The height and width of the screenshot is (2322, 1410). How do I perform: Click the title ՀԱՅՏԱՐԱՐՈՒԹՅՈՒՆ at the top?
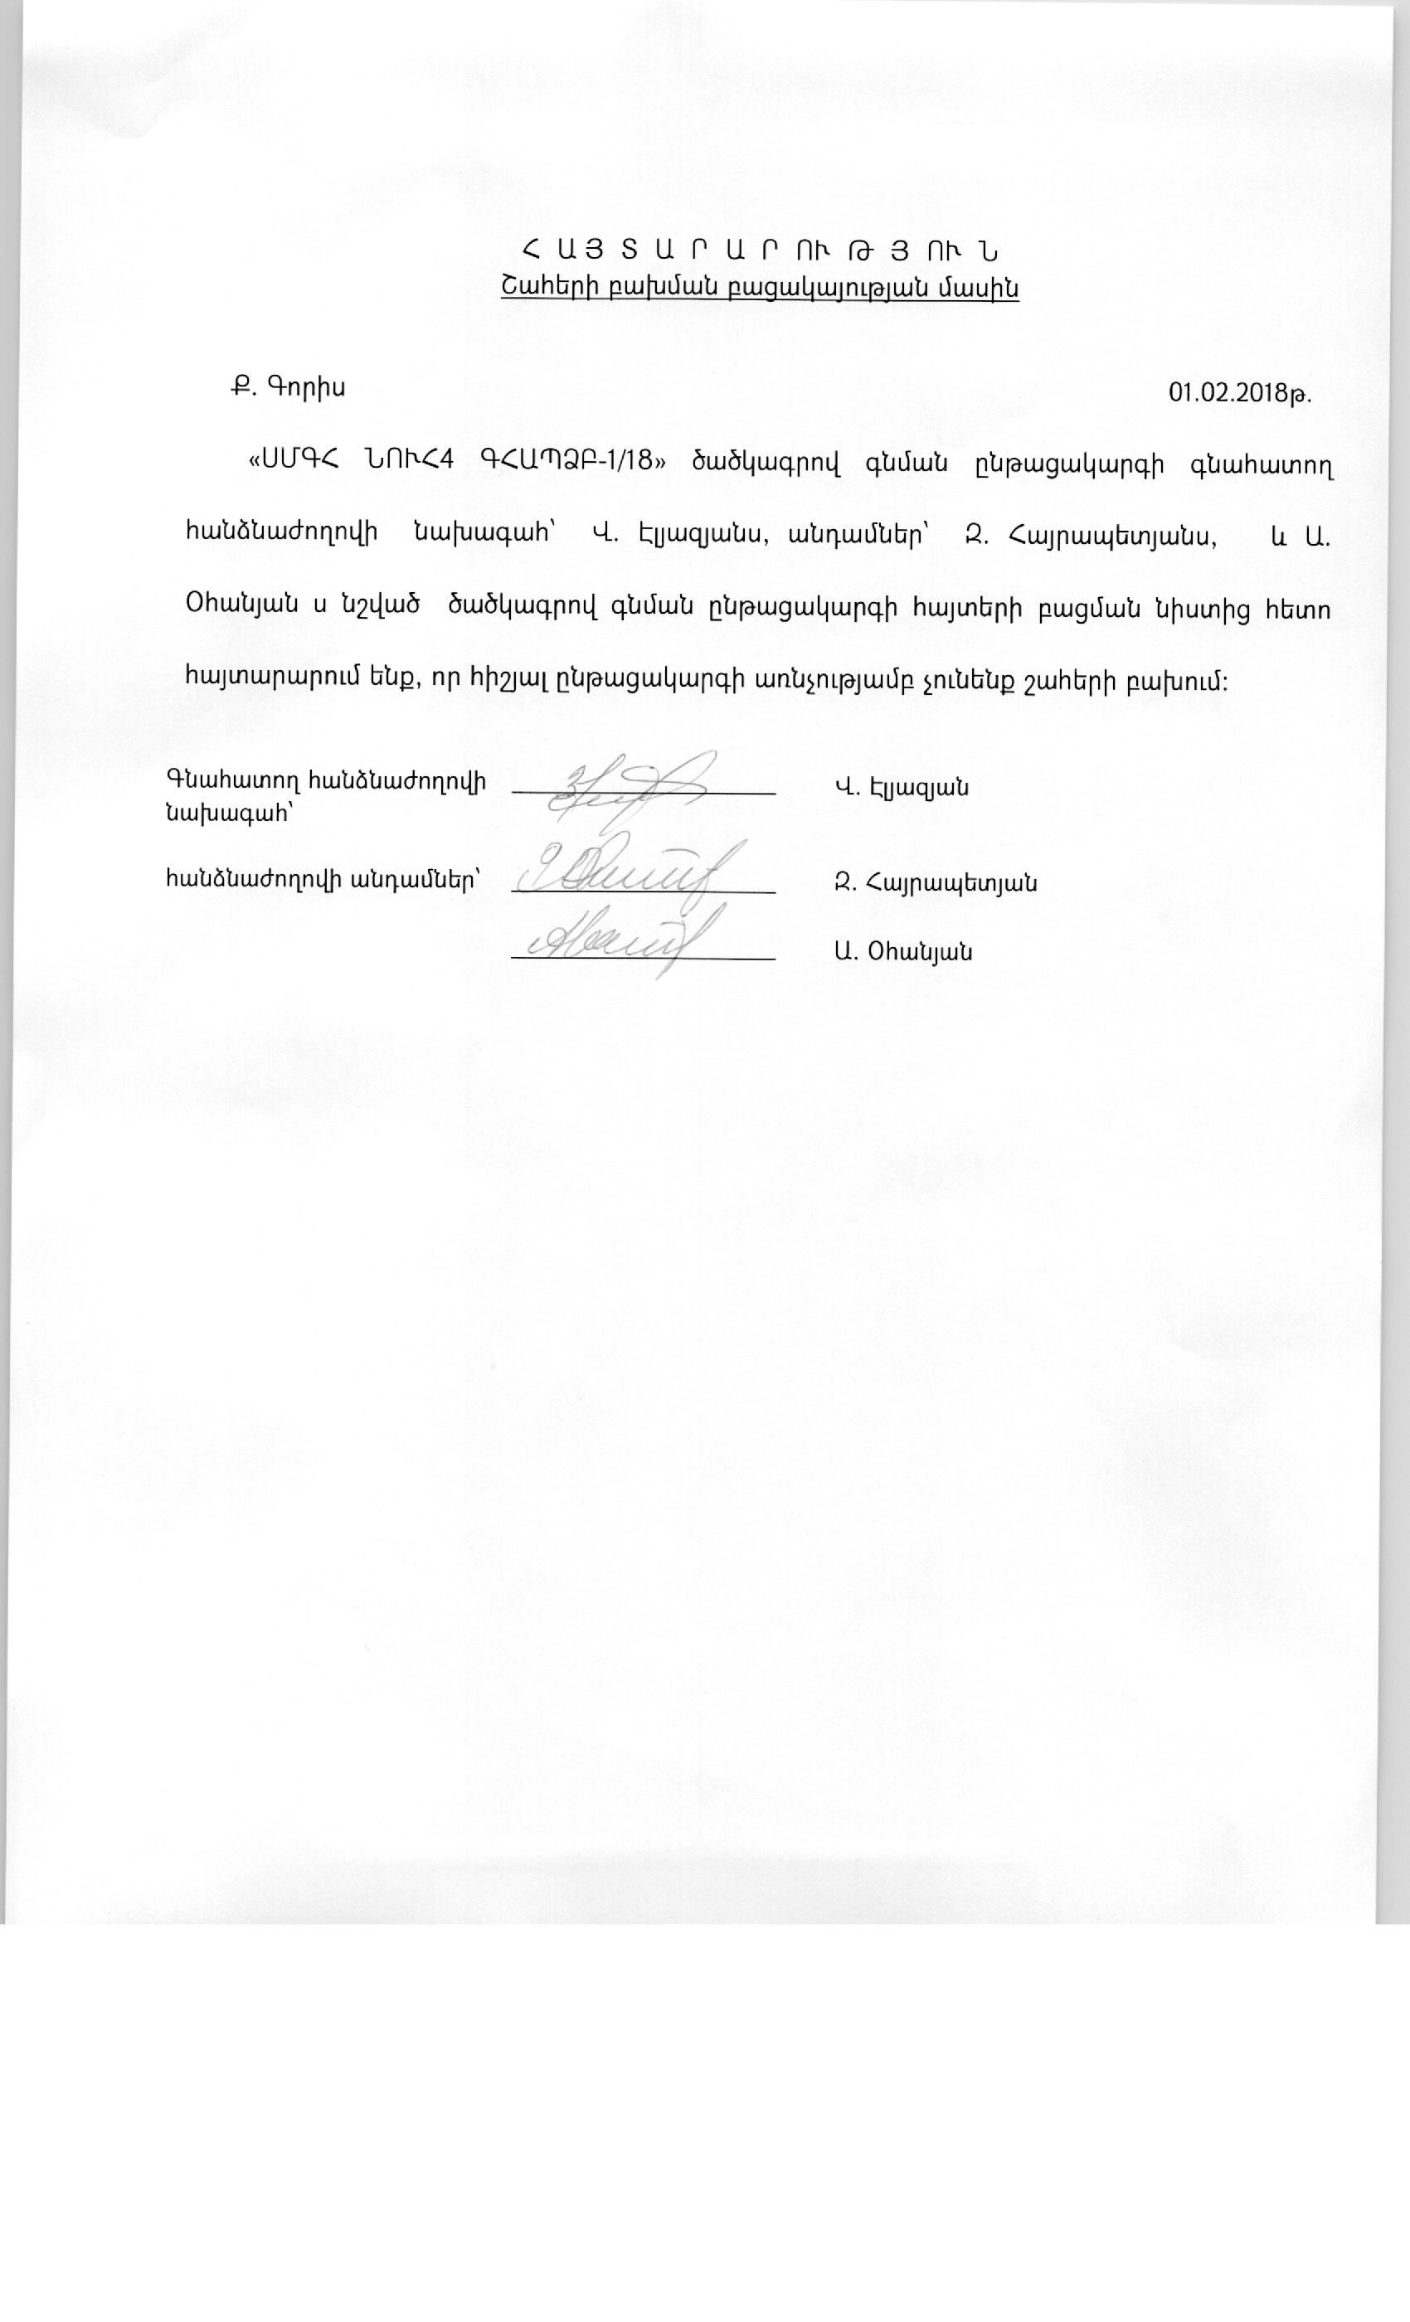pos(760,251)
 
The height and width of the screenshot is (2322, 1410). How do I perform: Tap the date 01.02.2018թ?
pos(1239,392)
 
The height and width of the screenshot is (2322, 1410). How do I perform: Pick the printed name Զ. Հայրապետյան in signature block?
pos(935,883)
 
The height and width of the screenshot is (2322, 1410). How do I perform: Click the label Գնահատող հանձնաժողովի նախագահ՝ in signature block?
pos(326,797)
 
